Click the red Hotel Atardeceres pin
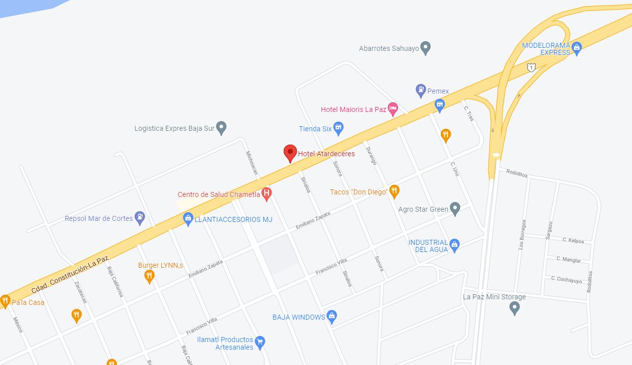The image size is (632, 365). click(x=290, y=152)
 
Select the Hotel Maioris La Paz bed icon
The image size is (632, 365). click(x=392, y=108)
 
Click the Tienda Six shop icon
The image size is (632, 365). click(x=338, y=128)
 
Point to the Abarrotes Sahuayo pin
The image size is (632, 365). click(x=426, y=48)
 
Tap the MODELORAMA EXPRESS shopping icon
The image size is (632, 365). click(x=576, y=48)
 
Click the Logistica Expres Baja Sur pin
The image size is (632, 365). click(x=221, y=128)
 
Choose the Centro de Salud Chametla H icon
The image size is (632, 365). click(x=266, y=193)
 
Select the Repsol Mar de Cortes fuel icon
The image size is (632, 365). click(x=140, y=218)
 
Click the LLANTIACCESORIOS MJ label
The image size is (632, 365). click(x=234, y=219)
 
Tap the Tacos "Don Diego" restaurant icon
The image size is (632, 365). click(x=394, y=191)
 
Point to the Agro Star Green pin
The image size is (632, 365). click(x=455, y=208)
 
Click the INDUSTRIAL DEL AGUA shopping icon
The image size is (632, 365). click(x=455, y=245)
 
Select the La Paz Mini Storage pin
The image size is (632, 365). click(x=515, y=307)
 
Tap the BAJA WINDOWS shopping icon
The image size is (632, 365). click(x=332, y=317)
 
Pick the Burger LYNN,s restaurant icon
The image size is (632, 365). click(x=149, y=276)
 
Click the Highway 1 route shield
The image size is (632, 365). click(x=531, y=67)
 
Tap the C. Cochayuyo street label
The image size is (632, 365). click(x=566, y=279)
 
